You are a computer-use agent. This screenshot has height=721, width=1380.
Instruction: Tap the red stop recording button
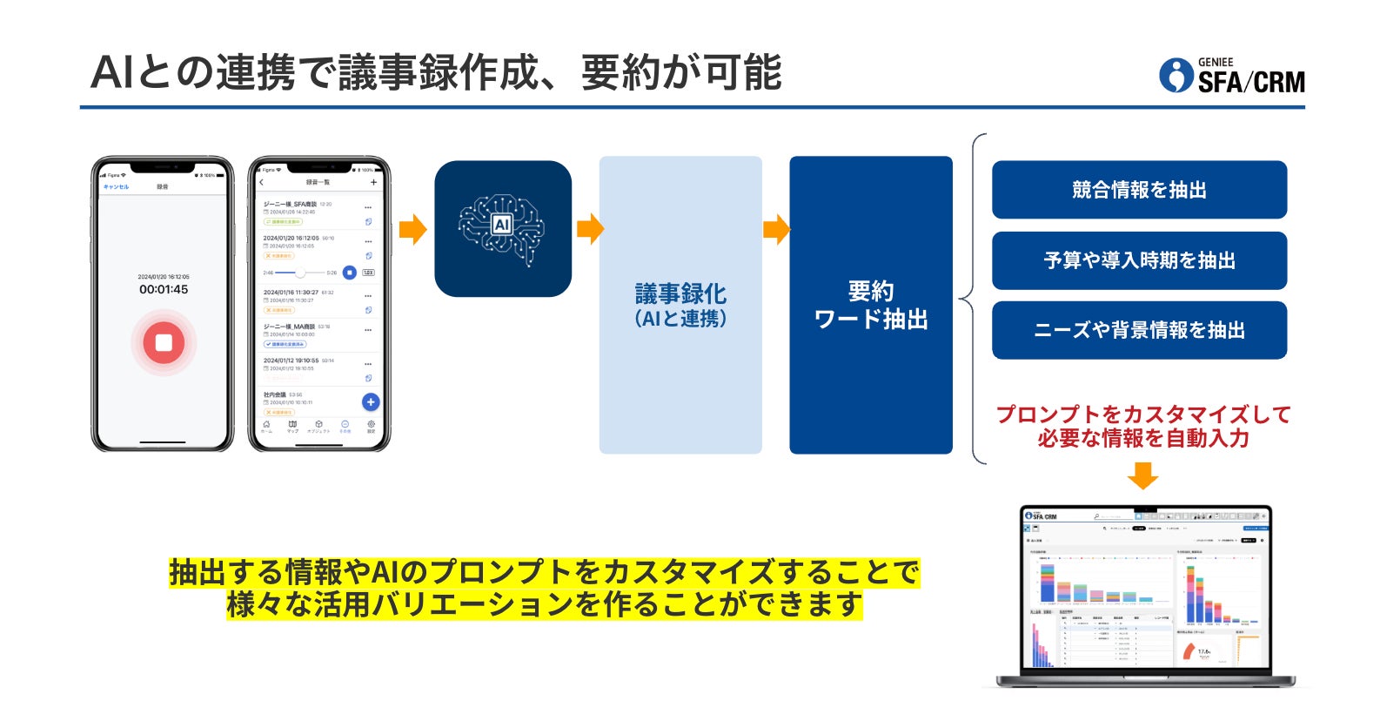164,342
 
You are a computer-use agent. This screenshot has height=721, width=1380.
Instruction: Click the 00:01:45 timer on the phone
164,289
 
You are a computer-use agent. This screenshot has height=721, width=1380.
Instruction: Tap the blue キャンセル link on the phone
116,187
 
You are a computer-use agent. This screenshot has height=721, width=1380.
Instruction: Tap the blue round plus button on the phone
371,401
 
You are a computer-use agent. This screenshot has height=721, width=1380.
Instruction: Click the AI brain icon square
502,228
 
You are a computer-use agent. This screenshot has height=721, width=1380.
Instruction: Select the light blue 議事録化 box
680,305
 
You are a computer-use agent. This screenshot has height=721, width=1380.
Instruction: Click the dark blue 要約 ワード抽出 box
870,305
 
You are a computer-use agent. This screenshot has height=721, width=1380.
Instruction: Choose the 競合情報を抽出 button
1139,190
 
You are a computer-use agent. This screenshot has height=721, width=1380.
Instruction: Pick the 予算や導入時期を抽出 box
1139,260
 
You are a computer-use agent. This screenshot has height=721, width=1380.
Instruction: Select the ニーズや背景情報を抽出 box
1139,330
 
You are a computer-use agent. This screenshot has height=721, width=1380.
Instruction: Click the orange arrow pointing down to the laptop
1142,475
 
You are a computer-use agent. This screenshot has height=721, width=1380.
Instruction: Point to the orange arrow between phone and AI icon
412,229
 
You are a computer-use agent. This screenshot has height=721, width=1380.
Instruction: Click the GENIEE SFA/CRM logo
1232,76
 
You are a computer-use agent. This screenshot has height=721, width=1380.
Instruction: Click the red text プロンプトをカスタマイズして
1142,414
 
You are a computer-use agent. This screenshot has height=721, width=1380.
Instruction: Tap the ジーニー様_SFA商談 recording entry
291,205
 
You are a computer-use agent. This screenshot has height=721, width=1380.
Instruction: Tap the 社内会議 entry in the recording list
276,395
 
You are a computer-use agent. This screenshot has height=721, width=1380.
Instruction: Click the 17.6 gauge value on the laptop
1203,651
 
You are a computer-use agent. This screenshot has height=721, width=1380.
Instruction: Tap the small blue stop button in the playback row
349,273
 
